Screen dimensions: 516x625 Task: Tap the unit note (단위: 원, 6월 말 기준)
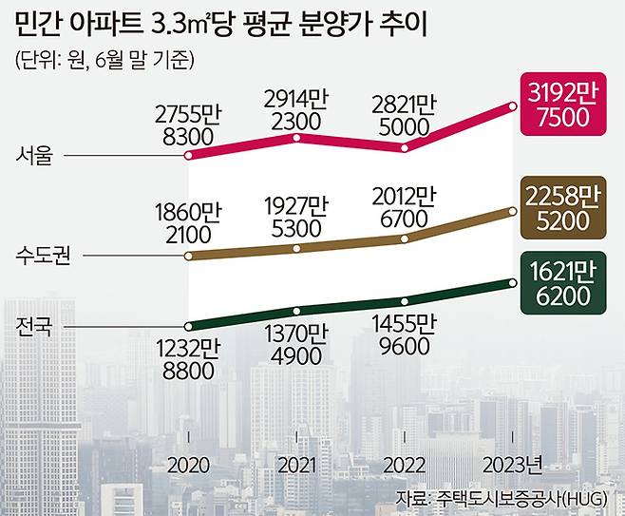(x=105, y=59)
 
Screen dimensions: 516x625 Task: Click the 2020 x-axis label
(x=189, y=465)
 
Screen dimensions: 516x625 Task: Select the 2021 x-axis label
(x=298, y=465)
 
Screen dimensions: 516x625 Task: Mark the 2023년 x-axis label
(x=513, y=465)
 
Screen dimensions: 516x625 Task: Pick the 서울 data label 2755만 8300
(x=189, y=125)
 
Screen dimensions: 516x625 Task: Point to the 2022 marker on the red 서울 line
(x=407, y=148)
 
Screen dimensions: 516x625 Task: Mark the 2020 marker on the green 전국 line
(x=189, y=325)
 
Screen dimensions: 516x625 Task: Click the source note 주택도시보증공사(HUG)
(x=508, y=499)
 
